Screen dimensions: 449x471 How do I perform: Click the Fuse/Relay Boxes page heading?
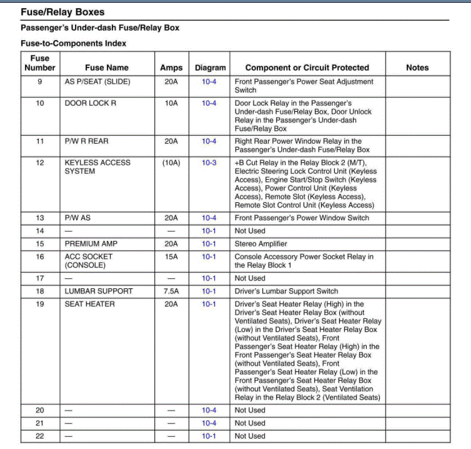pos(62,12)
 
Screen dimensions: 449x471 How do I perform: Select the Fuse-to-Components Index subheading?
pos(73,43)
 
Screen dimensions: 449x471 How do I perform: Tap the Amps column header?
pos(171,67)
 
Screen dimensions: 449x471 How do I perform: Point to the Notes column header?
pos(417,67)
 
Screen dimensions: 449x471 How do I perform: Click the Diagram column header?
pos(210,67)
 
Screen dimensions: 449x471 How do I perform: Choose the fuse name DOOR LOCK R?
pos(91,103)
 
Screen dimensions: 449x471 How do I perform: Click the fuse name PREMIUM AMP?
pos(91,243)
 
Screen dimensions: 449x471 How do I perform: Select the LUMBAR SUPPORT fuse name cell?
pos(99,291)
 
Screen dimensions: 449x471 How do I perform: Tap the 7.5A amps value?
pos(171,291)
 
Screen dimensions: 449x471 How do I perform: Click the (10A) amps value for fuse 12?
pos(171,163)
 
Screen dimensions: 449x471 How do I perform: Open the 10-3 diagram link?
pos(209,163)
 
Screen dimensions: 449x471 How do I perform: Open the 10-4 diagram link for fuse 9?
pos(209,82)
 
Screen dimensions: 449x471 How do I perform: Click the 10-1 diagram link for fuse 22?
pos(209,436)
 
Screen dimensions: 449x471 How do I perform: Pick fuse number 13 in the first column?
pos(40,218)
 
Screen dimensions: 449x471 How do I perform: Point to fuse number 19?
pos(40,304)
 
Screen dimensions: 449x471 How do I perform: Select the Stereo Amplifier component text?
pos(261,243)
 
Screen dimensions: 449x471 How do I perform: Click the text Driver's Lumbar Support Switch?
pos(287,291)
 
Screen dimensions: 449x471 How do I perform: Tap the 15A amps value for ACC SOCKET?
pos(171,257)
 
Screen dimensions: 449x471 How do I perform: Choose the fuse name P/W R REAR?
pos(87,141)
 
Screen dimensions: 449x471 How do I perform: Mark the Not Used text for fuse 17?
pos(250,278)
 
